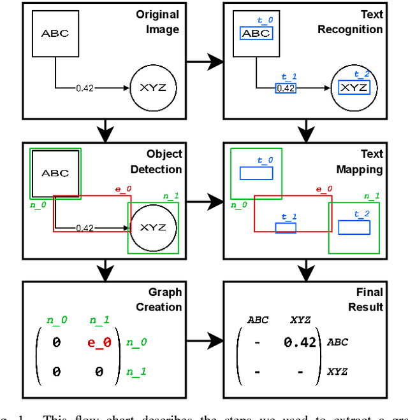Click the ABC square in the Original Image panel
55,34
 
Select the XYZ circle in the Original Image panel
153,88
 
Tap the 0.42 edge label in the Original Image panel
84,88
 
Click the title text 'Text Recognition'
350,22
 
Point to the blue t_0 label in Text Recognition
265,20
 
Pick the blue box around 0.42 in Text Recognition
285,88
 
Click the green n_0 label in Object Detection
39,205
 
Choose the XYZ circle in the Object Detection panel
152,227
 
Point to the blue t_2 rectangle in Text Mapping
354,227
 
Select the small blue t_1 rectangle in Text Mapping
286,228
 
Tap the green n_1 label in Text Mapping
372,196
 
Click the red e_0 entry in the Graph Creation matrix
99,342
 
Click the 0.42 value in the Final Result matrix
300,342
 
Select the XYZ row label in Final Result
338,371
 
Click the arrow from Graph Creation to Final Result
205,342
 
